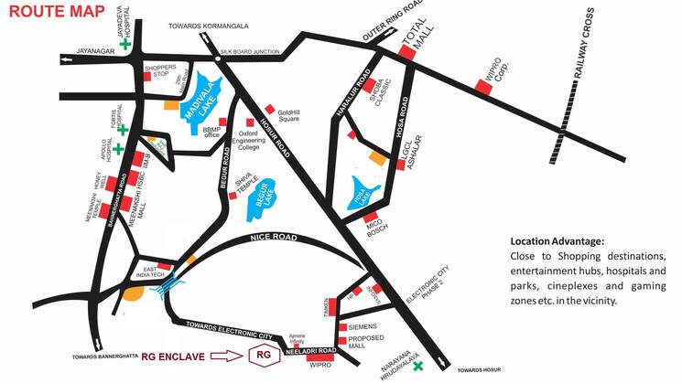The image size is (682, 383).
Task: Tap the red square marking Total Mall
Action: [406, 54]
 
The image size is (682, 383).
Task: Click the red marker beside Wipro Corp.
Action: [482, 86]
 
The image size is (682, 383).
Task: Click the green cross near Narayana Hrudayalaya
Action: [418, 367]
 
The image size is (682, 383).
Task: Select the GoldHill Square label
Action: [289, 112]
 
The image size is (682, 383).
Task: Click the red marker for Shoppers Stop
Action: [147, 77]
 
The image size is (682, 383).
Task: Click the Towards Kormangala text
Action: [209, 27]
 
